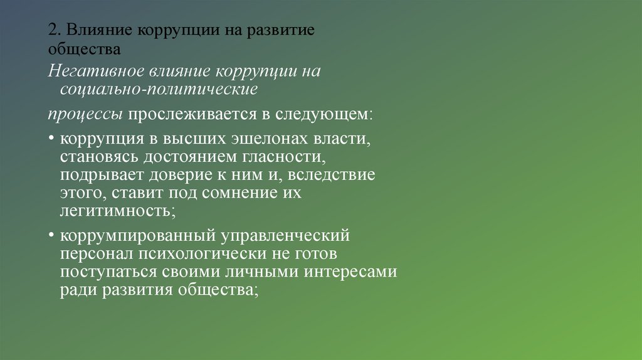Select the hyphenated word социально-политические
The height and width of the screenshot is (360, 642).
click(159, 89)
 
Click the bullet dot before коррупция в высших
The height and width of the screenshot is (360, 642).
click(51, 138)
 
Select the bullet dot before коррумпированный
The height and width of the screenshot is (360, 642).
click(51, 236)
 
